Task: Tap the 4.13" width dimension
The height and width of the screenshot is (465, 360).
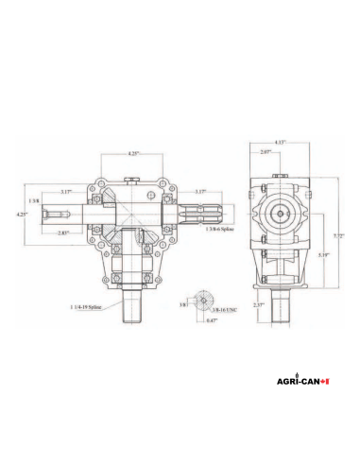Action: click(280, 142)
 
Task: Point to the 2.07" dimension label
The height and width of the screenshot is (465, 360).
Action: click(266, 151)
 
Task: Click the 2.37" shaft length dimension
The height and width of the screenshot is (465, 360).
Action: click(258, 304)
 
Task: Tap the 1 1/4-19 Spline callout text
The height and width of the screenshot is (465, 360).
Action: click(88, 307)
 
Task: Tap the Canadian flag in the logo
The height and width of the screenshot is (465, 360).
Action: click(325, 383)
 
